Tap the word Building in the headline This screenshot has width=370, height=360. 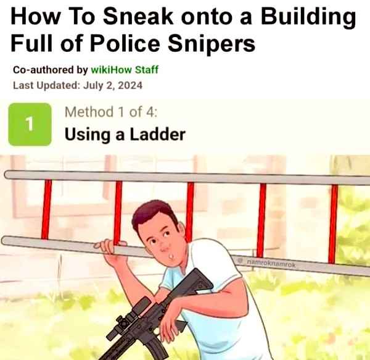(x=308, y=18)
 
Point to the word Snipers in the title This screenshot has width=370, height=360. (x=212, y=45)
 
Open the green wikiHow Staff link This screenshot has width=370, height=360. (x=125, y=70)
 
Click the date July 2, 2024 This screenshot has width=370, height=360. (x=113, y=85)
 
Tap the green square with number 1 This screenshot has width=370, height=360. (x=30, y=124)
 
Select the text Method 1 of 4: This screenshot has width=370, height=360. (x=111, y=112)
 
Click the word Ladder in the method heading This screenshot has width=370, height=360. (x=158, y=134)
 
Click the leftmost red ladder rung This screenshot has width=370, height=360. (x=46, y=209)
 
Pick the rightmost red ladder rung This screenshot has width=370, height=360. (x=333, y=224)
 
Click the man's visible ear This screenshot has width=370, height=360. (x=181, y=228)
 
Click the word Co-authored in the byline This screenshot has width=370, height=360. (x=43, y=70)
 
